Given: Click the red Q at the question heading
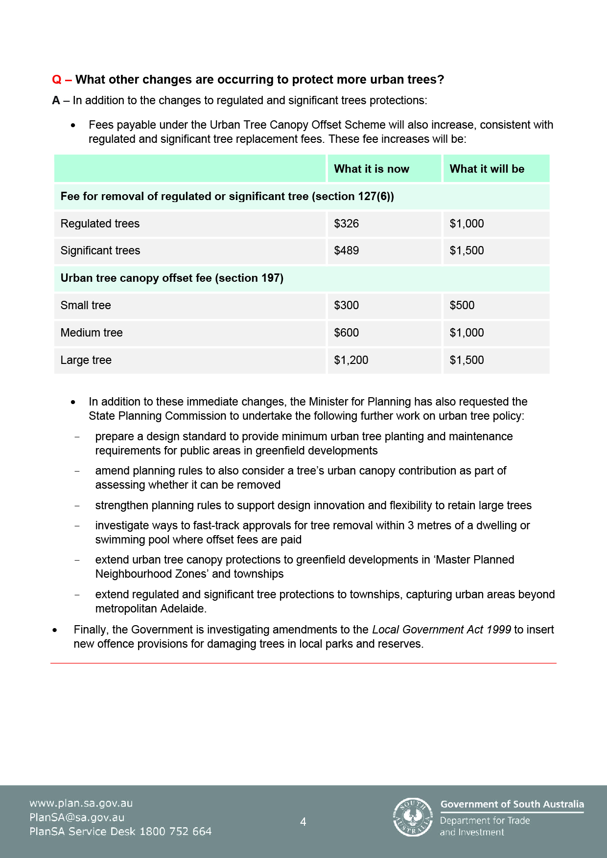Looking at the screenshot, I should coord(57,80).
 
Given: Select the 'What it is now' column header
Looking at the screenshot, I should coord(371,169).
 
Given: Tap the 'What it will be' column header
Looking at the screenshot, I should coord(487,169).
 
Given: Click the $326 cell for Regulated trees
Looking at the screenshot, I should coord(346,224).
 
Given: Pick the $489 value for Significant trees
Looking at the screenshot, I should coord(346,250).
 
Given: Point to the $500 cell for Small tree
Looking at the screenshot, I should coord(462,305).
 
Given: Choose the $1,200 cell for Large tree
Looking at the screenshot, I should coord(350,360).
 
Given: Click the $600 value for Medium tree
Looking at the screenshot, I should coord(346,333).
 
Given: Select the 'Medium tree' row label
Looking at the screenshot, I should coord(92,333).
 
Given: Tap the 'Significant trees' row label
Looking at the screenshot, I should coord(100,250).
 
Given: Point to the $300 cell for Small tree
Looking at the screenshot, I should coord(346,305).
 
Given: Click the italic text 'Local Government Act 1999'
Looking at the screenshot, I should coord(441,630).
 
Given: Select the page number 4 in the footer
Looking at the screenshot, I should coord(303,822).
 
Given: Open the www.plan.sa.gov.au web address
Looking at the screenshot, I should coord(81,803).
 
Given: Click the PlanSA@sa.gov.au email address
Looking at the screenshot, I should coord(77,817).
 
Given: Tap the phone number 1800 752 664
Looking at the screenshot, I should coord(175,832).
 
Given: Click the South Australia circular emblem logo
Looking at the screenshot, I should coord(413,817).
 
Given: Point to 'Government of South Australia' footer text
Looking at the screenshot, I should coord(512,804).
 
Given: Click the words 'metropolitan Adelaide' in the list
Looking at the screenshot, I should coord(150,609).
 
